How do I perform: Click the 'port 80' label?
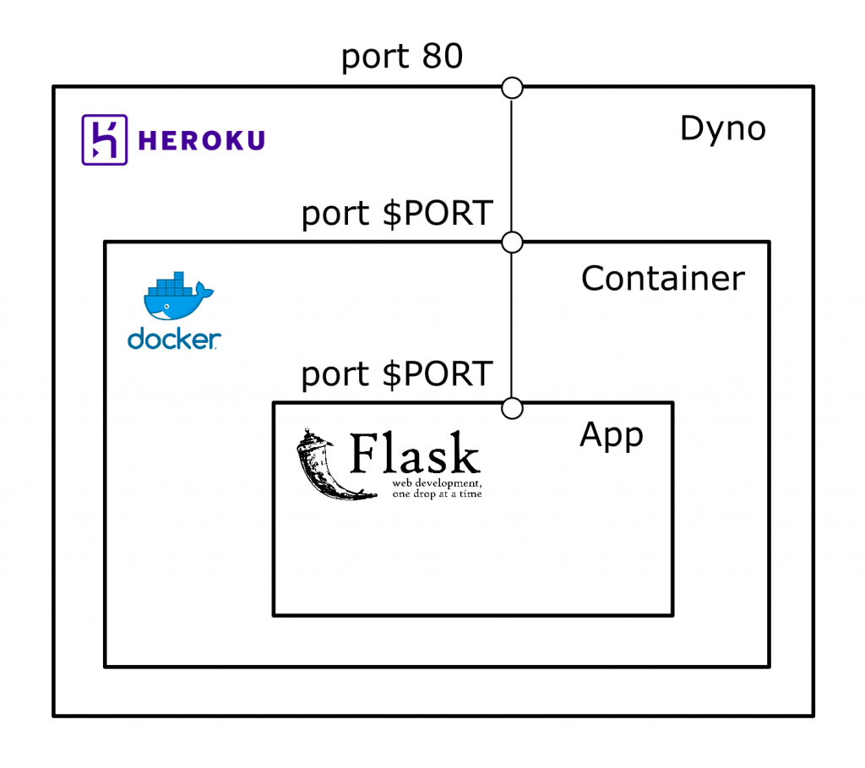pyautogui.click(x=402, y=57)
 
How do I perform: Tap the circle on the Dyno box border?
pyautogui.click(x=512, y=87)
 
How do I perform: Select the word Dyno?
pyautogui.click(x=722, y=129)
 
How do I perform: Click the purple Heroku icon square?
pyautogui.click(x=105, y=139)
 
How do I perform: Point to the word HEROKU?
pyautogui.click(x=201, y=140)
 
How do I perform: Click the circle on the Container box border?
pyautogui.click(x=512, y=242)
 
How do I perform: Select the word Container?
pyautogui.click(x=663, y=278)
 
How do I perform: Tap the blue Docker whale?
pyautogui.click(x=177, y=301)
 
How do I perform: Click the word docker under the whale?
pyautogui.click(x=174, y=340)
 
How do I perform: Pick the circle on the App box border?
pyautogui.click(x=512, y=409)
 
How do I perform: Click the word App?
pyautogui.click(x=612, y=435)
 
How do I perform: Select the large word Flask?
pyautogui.click(x=415, y=455)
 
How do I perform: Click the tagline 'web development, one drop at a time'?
pyautogui.click(x=437, y=488)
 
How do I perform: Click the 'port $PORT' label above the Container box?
pyautogui.click(x=397, y=214)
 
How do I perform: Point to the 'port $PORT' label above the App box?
pyautogui.click(x=397, y=374)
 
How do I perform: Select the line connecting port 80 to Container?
pyautogui.click(x=512, y=165)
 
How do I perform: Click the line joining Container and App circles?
pyautogui.click(x=512, y=325)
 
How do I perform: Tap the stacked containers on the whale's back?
pyautogui.click(x=174, y=282)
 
